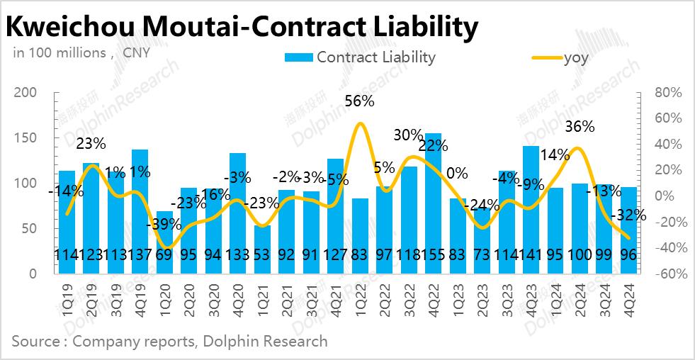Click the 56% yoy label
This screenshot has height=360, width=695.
[359, 101]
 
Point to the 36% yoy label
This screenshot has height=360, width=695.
[580, 127]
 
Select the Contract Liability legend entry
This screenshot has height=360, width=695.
[360, 57]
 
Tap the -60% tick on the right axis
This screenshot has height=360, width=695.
[666, 274]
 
